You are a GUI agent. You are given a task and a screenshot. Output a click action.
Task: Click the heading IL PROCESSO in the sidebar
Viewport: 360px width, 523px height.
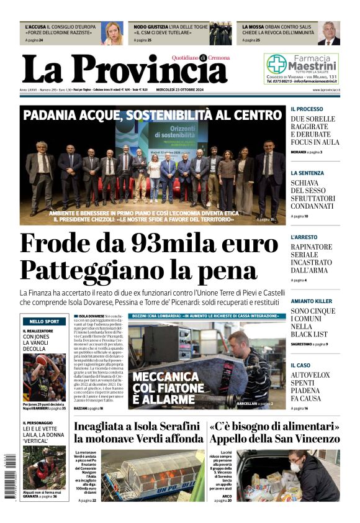pos(307,109)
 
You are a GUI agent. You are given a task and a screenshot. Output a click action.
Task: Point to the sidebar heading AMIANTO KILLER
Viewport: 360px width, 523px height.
pos(311,301)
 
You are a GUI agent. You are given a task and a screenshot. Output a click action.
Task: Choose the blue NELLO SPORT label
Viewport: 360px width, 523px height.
pos(44,321)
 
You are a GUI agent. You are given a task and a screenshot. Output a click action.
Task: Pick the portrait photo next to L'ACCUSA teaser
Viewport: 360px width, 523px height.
pos(112,34)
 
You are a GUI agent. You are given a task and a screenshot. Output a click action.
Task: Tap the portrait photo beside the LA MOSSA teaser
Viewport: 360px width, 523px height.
pos(328,34)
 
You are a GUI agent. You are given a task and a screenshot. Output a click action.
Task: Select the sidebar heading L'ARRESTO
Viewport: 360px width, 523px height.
pos(304,237)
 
